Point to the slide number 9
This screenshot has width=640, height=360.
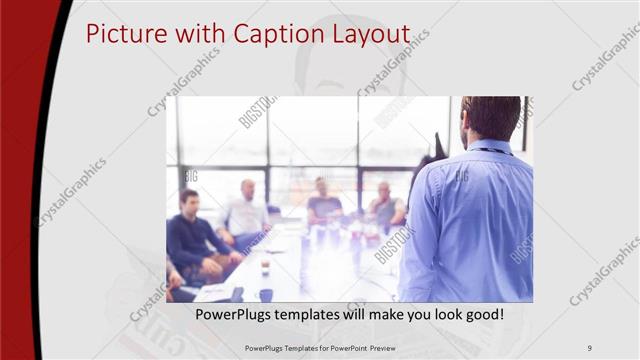590,347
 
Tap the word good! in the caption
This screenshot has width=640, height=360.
482,314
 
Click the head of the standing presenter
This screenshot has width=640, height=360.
490,117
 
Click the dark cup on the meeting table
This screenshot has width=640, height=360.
266,294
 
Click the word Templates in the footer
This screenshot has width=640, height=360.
295,347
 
